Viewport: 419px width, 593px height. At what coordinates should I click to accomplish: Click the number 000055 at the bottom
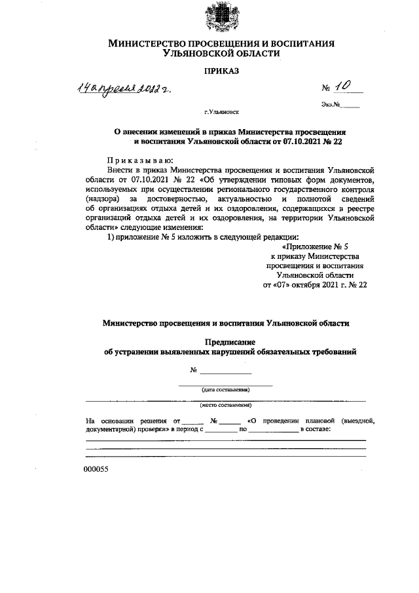point(96,470)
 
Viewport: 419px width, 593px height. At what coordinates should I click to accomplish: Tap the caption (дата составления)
point(226,390)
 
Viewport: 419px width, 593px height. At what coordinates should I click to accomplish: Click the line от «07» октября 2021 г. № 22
point(315,286)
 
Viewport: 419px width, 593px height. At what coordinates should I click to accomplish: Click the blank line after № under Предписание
point(226,372)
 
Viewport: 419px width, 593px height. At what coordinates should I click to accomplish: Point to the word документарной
point(109,429)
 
